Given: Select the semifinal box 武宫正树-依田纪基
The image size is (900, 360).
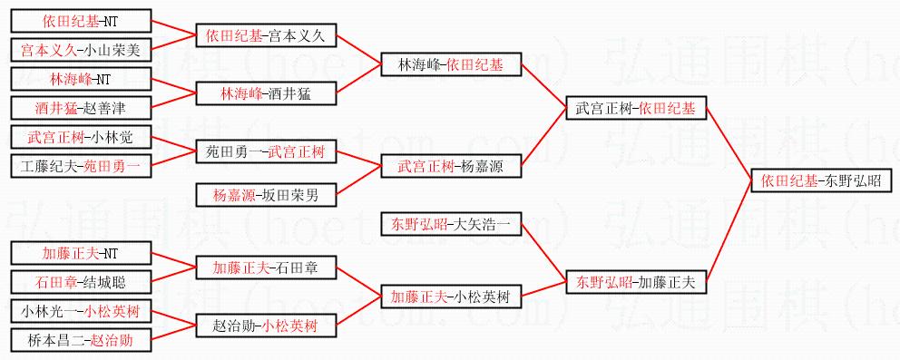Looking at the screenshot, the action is (x=636, y=108).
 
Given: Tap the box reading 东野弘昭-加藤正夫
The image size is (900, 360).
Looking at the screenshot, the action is (x=636, y=282).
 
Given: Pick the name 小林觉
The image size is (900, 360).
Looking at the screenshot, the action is (x=112, y=138).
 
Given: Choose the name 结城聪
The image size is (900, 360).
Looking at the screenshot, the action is (x=105, y=282).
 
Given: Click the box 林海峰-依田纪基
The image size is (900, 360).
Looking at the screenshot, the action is (x=451, y=64).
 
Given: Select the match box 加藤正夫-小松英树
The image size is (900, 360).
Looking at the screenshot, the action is (x=451, y=297).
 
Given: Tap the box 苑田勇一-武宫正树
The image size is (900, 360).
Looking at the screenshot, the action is (x=267, y=152).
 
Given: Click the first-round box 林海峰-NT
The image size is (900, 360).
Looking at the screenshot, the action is (x=81, y=79).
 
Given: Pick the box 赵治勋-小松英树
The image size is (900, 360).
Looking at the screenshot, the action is (x=267, y=326).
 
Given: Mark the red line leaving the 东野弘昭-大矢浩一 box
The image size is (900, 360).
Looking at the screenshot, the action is (x=543, y=253).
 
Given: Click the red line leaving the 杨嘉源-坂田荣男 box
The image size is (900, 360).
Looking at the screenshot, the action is (x=358, y=181).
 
